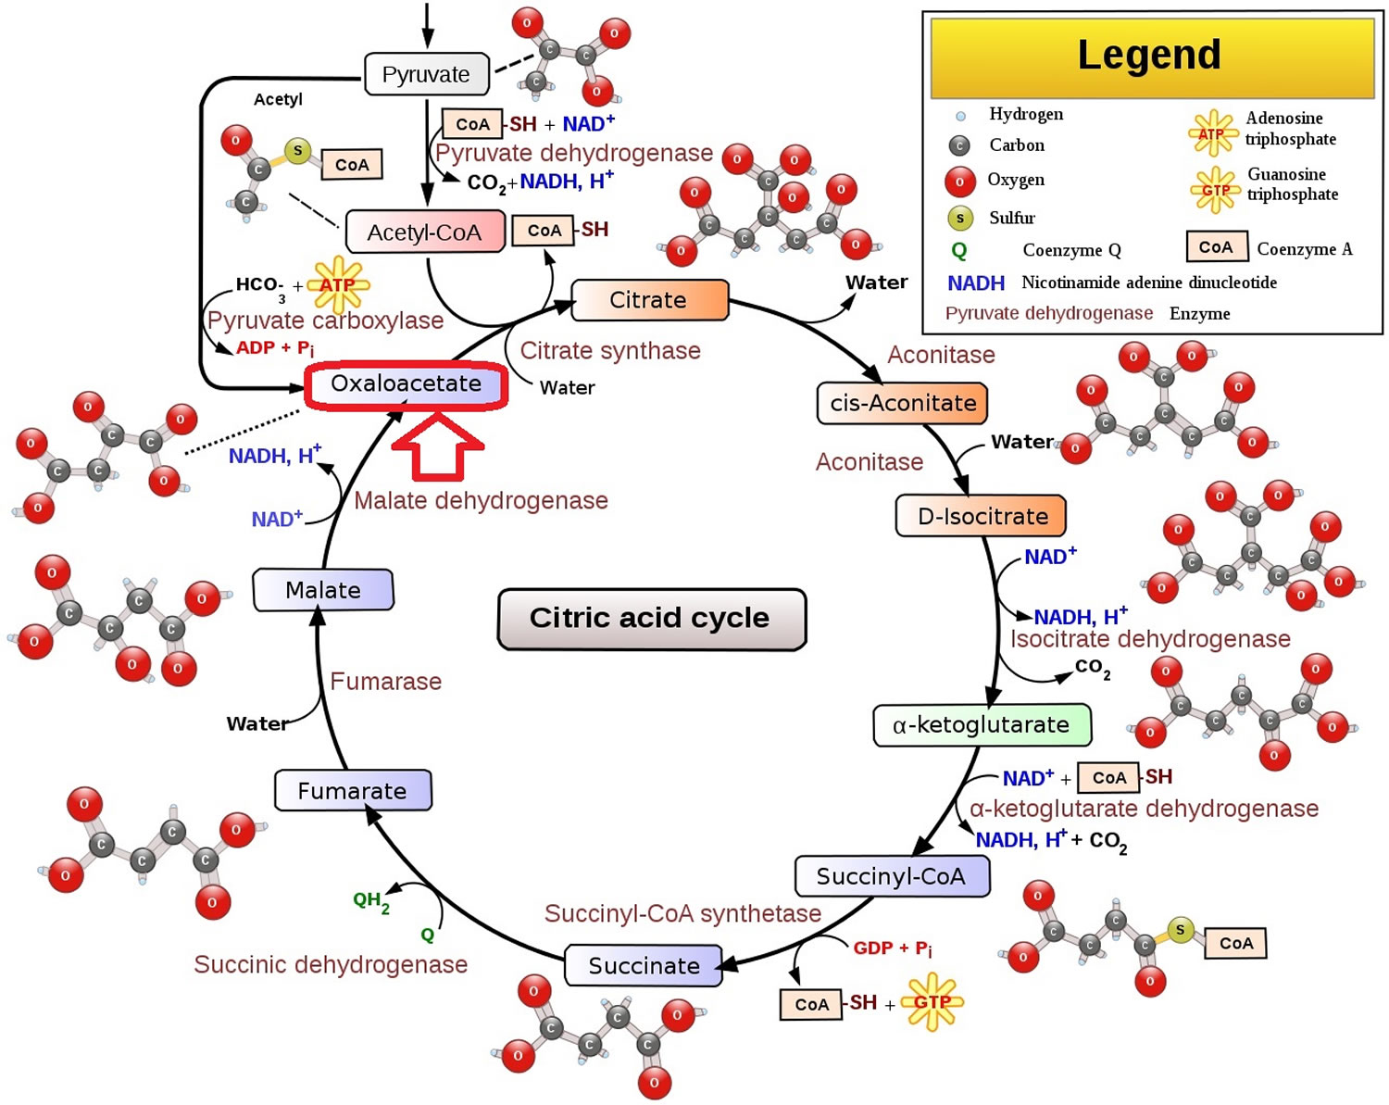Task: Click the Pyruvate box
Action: (x=427, y=74)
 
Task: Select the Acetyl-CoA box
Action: (x=425, y=232)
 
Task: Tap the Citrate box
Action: (x=650, y=300)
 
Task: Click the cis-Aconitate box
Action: (x=902, y=403)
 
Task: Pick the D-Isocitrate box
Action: (x=981, y=515)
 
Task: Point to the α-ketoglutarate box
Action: (x=982, y=724)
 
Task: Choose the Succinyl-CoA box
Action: (x=893, y=875)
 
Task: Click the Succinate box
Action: (x=644, y=965)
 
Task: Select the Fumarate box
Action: (x=353, y=790)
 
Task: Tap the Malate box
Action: (x=323, y=590)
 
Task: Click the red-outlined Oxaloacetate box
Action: (x=406, y=385)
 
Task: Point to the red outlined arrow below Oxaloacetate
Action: (x=438, y=446)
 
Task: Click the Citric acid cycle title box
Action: (x=652, y=619)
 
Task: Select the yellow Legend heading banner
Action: (x=1151, y=57)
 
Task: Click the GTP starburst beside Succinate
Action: (x=932, y=1001)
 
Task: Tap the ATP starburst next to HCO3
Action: (x=338, y=284)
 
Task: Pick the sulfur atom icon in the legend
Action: (x=960, y=219)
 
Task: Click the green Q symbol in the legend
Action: (x=959, y=251)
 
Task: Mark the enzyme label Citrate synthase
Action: (x=610, y=351)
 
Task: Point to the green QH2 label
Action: (x=371, y=901)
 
